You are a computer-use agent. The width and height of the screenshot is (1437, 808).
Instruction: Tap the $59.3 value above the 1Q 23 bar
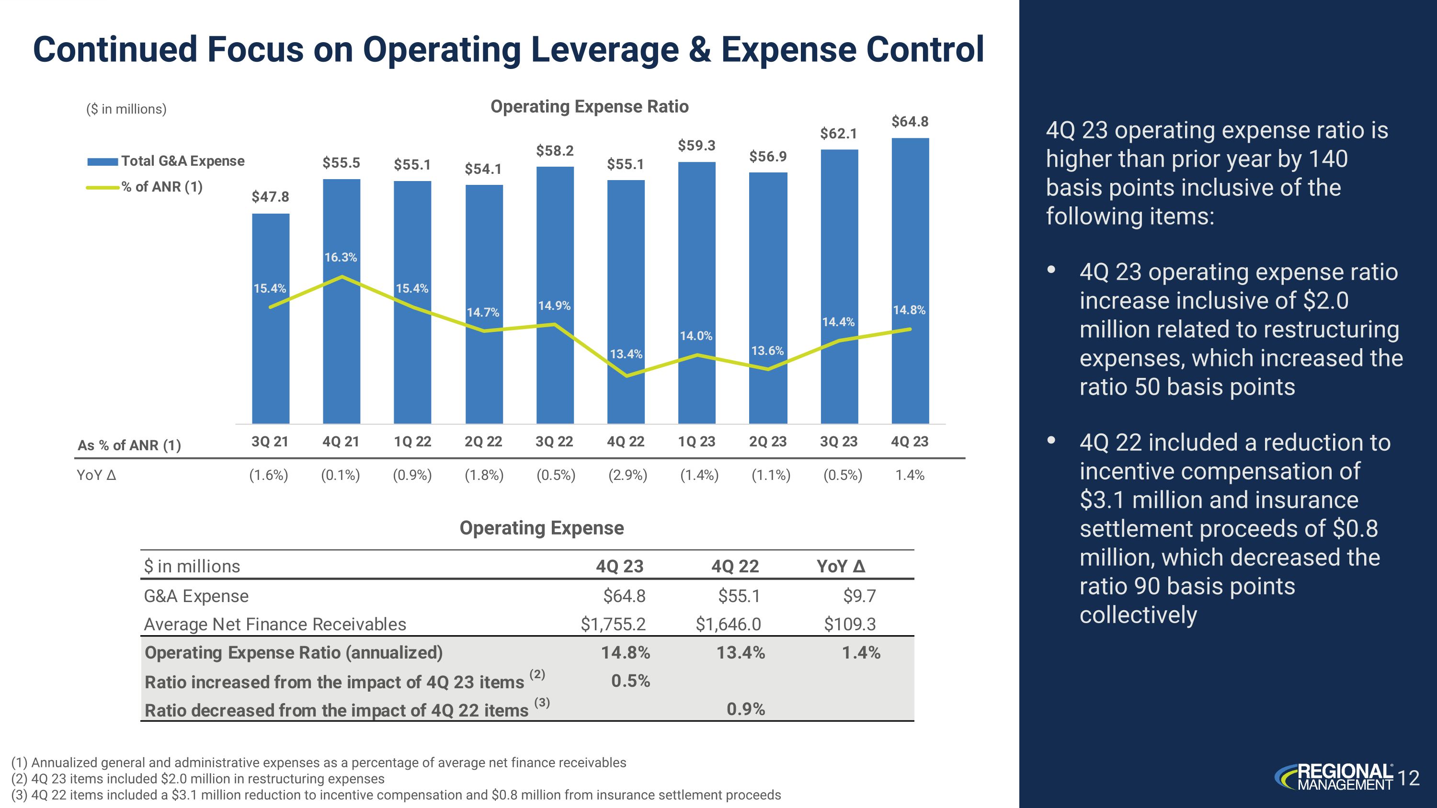coord(696,146)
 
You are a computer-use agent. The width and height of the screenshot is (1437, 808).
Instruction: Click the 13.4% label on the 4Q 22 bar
coord(626,354)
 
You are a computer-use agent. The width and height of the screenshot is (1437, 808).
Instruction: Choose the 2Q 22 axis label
coord(483,442)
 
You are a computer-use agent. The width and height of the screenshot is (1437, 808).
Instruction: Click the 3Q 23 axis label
coord(838,442)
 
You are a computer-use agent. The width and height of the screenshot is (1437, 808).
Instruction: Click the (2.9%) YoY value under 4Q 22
coord(627,475)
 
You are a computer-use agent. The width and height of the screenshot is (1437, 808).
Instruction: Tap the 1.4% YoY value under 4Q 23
coord(910,475)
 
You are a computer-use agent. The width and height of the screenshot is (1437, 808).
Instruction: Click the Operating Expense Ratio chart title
coord(589,106)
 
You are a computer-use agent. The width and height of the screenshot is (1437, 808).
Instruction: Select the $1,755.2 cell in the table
coord(613,624)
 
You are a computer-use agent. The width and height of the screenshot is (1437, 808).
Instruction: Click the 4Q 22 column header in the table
coord(735,567)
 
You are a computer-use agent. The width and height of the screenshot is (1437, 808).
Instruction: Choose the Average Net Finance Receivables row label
coord(275,624)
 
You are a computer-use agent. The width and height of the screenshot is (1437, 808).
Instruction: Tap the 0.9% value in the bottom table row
coord(745,709)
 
